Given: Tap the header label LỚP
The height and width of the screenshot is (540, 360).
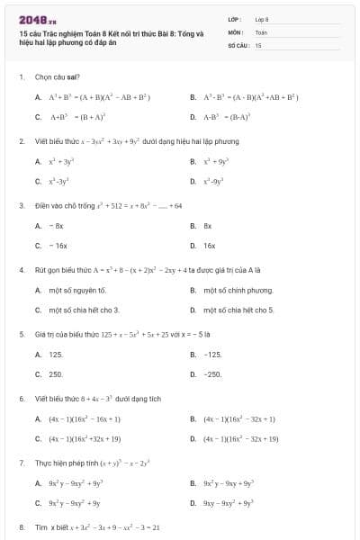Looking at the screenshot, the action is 235,19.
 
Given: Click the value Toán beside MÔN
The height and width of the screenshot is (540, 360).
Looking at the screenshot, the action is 262,31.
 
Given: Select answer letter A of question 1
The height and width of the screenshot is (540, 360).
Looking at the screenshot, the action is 38,96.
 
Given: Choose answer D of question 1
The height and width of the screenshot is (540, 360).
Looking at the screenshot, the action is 193,116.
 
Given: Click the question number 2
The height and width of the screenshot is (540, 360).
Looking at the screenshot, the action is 21,141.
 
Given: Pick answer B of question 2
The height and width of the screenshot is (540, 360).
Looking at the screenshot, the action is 193,161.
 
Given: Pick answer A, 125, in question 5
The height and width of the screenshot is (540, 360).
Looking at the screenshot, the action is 55,354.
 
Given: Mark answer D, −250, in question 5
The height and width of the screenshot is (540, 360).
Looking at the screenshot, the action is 212,373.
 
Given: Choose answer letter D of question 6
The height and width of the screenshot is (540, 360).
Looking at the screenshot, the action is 193,438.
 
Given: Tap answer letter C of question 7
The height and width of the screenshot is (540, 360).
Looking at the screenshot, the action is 38,503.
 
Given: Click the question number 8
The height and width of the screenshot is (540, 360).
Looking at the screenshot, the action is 21,526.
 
